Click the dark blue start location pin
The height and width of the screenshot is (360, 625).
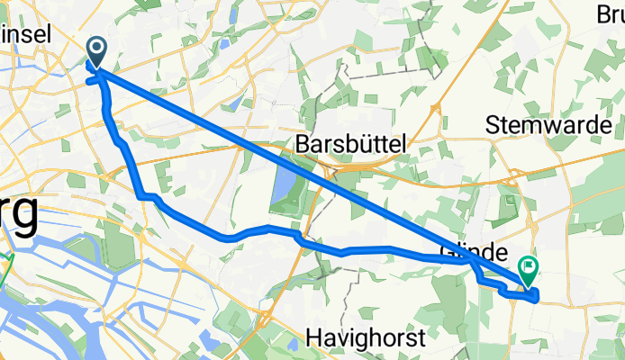coord(95,50)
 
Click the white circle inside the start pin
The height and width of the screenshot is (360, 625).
coord(95,49)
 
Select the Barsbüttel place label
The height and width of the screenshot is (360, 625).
coord(351,142)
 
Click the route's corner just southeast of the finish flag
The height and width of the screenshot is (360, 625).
coord(537,298)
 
